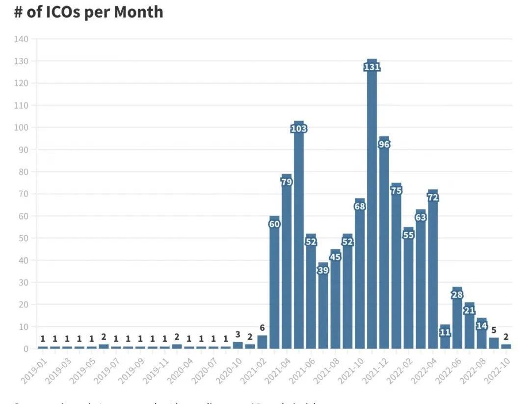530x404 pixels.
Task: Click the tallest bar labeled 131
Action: [x=372, y=206]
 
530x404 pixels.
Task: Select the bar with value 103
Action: [x=299, y=235]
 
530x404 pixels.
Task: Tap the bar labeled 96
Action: [x=384, y=245]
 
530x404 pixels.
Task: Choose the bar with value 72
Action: [x=433, y=270]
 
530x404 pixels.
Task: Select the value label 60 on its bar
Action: [x=274, y=224]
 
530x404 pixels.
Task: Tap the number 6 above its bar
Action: [x=262, y=328]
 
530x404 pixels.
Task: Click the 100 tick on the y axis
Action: [x=22, y=127]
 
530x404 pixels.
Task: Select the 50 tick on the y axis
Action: [x=24, y=238]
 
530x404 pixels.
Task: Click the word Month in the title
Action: [x=138, y=12]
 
